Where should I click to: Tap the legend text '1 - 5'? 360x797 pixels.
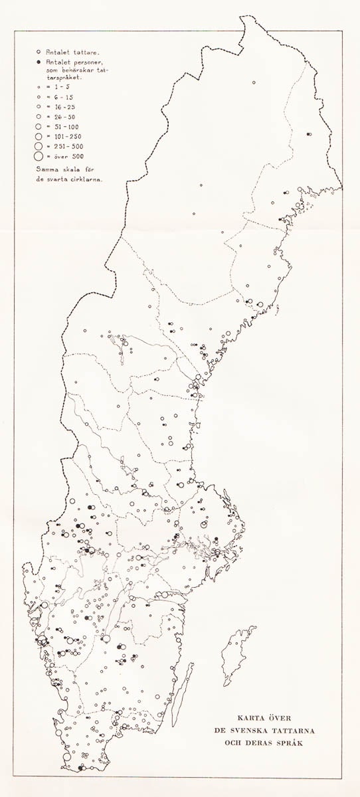pos(56,86)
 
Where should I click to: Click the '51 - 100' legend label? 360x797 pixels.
pos(60,126)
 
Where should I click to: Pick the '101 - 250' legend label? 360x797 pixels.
pos(62,136)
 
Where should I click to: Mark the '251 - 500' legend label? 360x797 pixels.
pos(62,146)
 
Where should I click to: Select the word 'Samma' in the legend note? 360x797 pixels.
pos(47,169)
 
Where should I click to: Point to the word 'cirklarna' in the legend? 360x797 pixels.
pos(87,179)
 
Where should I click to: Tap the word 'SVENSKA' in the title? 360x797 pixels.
pos(264,730)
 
